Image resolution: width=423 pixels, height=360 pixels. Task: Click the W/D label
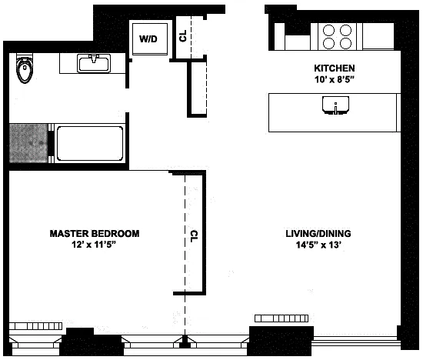pos(148,38)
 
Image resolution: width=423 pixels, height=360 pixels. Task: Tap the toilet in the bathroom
pos(25,72)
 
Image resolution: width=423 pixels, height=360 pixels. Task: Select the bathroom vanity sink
pos(94,63)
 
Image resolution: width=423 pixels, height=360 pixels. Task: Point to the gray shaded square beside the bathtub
pos(28,143)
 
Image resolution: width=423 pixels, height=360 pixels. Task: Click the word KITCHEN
pos(334,68)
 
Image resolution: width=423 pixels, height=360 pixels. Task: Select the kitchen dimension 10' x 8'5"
pos(334,78)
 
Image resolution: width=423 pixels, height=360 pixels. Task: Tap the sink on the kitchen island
pos(335,107)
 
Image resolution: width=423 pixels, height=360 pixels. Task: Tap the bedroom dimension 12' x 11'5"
pos(95,245)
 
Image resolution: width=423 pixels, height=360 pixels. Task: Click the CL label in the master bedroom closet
pos(195,234)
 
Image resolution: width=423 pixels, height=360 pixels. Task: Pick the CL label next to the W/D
pos(182,35)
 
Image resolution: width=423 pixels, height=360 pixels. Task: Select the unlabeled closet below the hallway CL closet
pos(198,88)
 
